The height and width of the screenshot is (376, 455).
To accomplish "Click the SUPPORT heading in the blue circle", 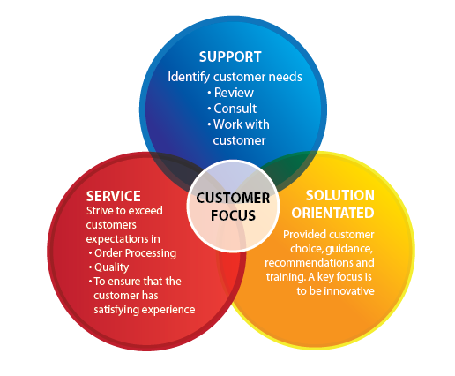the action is coord(230,56).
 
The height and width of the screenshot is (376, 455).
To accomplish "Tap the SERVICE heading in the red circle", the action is coord(114,196).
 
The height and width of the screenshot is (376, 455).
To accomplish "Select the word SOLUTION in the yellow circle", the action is coord(340,195).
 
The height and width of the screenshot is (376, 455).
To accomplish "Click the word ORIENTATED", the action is coord(332,213).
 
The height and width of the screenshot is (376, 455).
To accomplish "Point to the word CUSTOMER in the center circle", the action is coord(233,198).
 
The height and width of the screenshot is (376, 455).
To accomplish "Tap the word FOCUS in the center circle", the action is coord(233,215).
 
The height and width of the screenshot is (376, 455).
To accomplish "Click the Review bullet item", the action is coord(234,93).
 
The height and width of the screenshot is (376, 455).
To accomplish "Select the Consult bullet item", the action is coord(235,109).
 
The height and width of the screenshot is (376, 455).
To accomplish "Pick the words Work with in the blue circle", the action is coord(241,124).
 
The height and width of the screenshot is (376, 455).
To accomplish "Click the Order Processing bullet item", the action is coord(135,253).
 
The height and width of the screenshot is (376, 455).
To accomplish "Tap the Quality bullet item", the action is coord(111,267).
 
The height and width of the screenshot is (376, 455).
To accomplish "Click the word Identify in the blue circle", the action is coord(189,77).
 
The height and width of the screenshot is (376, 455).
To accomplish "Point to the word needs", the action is coord(286,77).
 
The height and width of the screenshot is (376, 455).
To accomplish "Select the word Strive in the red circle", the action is coord(98,211).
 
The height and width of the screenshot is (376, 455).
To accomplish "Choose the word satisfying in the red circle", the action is coord(113,310).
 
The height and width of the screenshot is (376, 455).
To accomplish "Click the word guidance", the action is coord(349,249).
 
